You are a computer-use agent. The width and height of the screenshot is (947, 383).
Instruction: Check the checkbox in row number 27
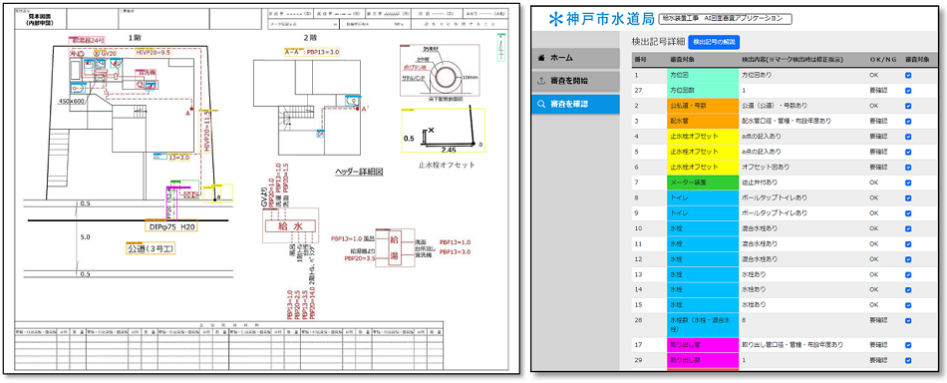coord(907,90)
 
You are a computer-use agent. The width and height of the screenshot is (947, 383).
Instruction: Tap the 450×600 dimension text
coord(74,101)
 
